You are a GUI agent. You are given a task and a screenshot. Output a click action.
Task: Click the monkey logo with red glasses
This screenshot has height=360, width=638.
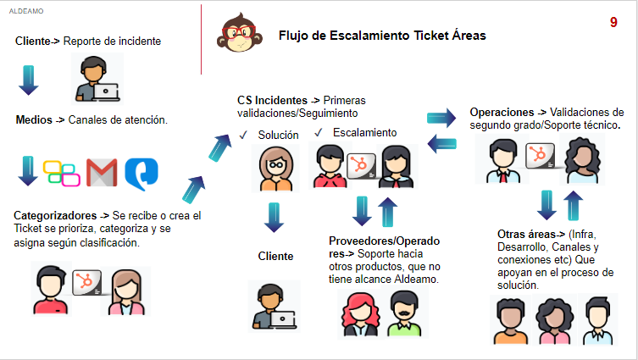pyautogui.click(x=239, y=32)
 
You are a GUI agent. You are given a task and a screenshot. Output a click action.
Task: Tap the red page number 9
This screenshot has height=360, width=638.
pyautogui.click(x=613, y=22)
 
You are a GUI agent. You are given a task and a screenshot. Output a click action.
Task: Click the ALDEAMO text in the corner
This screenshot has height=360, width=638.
pyautogui.click(x=26, y=11)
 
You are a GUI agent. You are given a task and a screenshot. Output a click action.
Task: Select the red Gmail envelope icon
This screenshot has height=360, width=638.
pyautogui.click(x=102, y=173)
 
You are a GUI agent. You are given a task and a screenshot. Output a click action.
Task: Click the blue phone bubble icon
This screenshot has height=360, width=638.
pyautogui.click(x=141, y=174)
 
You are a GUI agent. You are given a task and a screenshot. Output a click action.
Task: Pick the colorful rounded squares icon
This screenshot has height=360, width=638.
pyautogui.click(x=62, y=174)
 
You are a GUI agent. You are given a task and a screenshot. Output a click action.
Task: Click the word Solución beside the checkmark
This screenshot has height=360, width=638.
pyautogui.click(x=278, y=135)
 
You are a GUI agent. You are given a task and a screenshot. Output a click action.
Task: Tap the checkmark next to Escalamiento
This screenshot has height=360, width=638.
pyautogui.click(x=319, y=132)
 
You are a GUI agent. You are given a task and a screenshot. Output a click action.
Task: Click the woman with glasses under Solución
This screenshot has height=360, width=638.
pyautogui.click(x=276, y=169)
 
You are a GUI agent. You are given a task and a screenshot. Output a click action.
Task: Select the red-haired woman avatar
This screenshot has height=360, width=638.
pyautogui.click(x=360, y=314)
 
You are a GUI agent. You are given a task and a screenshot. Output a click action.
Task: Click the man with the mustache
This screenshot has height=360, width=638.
pyautogui.click(x=404, y=313)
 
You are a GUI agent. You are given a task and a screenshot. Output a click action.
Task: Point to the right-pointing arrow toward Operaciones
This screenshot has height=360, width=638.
pyautogui.click(x=441, y=118)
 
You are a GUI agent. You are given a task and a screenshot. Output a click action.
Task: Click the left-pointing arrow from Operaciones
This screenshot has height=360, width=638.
pyautogui.click(x=442, y=144)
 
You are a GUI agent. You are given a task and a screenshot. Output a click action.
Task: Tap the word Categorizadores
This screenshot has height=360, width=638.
pyautogui.click(x=55, y=215)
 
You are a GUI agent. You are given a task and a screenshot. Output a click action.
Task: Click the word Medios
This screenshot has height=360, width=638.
pyautogui.click(x=34, y=120)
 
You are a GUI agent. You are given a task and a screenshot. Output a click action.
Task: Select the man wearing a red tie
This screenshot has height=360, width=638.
pyautogui.click(x=503, y=161)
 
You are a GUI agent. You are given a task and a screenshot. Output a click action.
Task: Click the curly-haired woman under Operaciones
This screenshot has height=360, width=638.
pyautogui.click(x=582, y=160)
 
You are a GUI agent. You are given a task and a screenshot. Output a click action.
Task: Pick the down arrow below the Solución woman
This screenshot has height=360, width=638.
pyautogui.click(x=274, y=218)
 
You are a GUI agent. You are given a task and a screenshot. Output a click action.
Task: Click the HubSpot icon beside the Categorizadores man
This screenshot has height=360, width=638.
pyautogui.click(x=86, y=282)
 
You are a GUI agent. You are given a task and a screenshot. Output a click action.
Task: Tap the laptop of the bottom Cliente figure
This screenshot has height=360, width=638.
pyautogui.click(x=283, y=319)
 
